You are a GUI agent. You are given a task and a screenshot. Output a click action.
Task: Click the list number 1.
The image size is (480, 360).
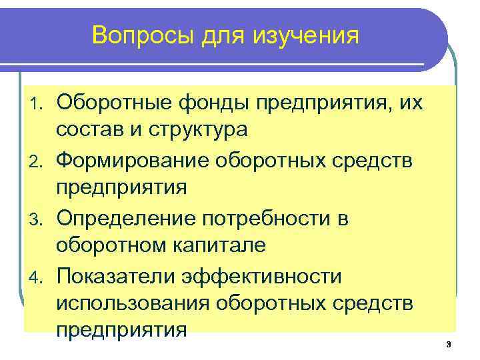(39, 102)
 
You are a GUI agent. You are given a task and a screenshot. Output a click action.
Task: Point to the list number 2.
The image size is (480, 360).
(39, 161)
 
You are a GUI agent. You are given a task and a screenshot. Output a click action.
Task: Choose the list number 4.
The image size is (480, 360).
(39, 277)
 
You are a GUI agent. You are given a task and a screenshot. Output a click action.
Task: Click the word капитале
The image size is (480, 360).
(224, 245)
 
